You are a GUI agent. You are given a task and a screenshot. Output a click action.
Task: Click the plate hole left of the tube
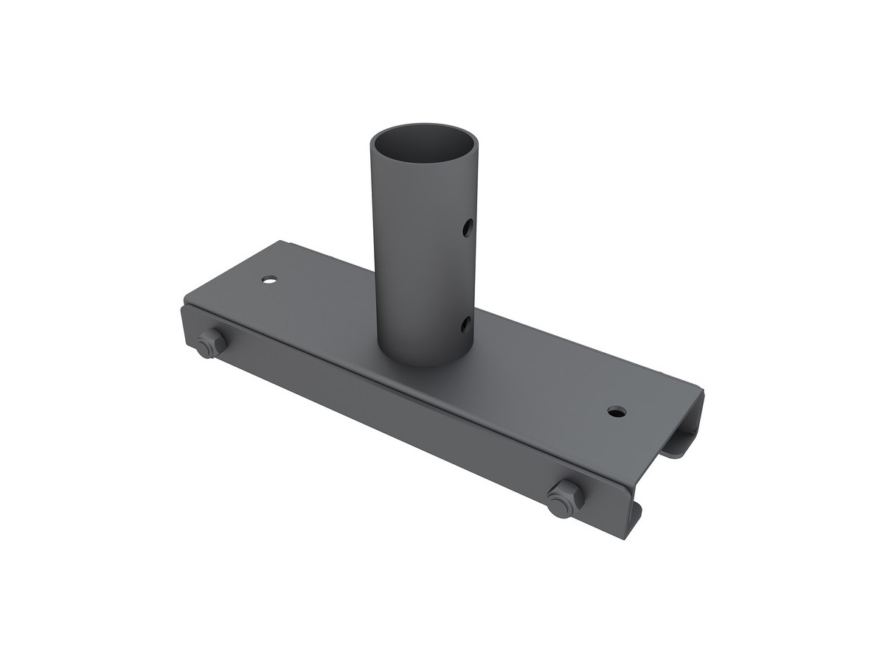coord(270,280)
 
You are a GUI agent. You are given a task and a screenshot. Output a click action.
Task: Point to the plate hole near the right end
coord(615,411)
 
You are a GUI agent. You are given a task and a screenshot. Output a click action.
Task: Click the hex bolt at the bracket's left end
coord(210,344)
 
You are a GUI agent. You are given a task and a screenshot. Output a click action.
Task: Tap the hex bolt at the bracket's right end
coord(565,499)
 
